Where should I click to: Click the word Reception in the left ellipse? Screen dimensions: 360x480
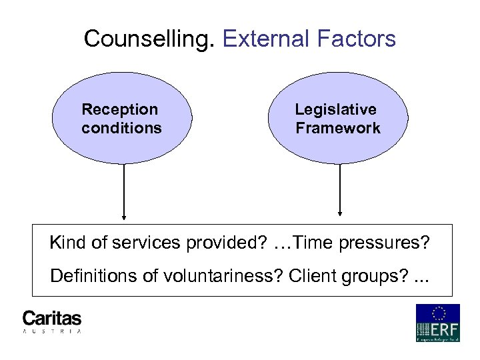click(120, 109)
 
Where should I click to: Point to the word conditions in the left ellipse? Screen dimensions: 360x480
click(121, 128)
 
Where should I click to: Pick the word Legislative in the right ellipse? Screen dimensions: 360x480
click(336, 109)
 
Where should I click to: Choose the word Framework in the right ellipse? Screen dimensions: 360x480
click(338, 128)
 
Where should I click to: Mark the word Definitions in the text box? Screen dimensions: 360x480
click(90, 275)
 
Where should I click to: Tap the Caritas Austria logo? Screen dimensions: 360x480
click(52, 321)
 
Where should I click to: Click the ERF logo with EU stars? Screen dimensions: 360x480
click(437, 323)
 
